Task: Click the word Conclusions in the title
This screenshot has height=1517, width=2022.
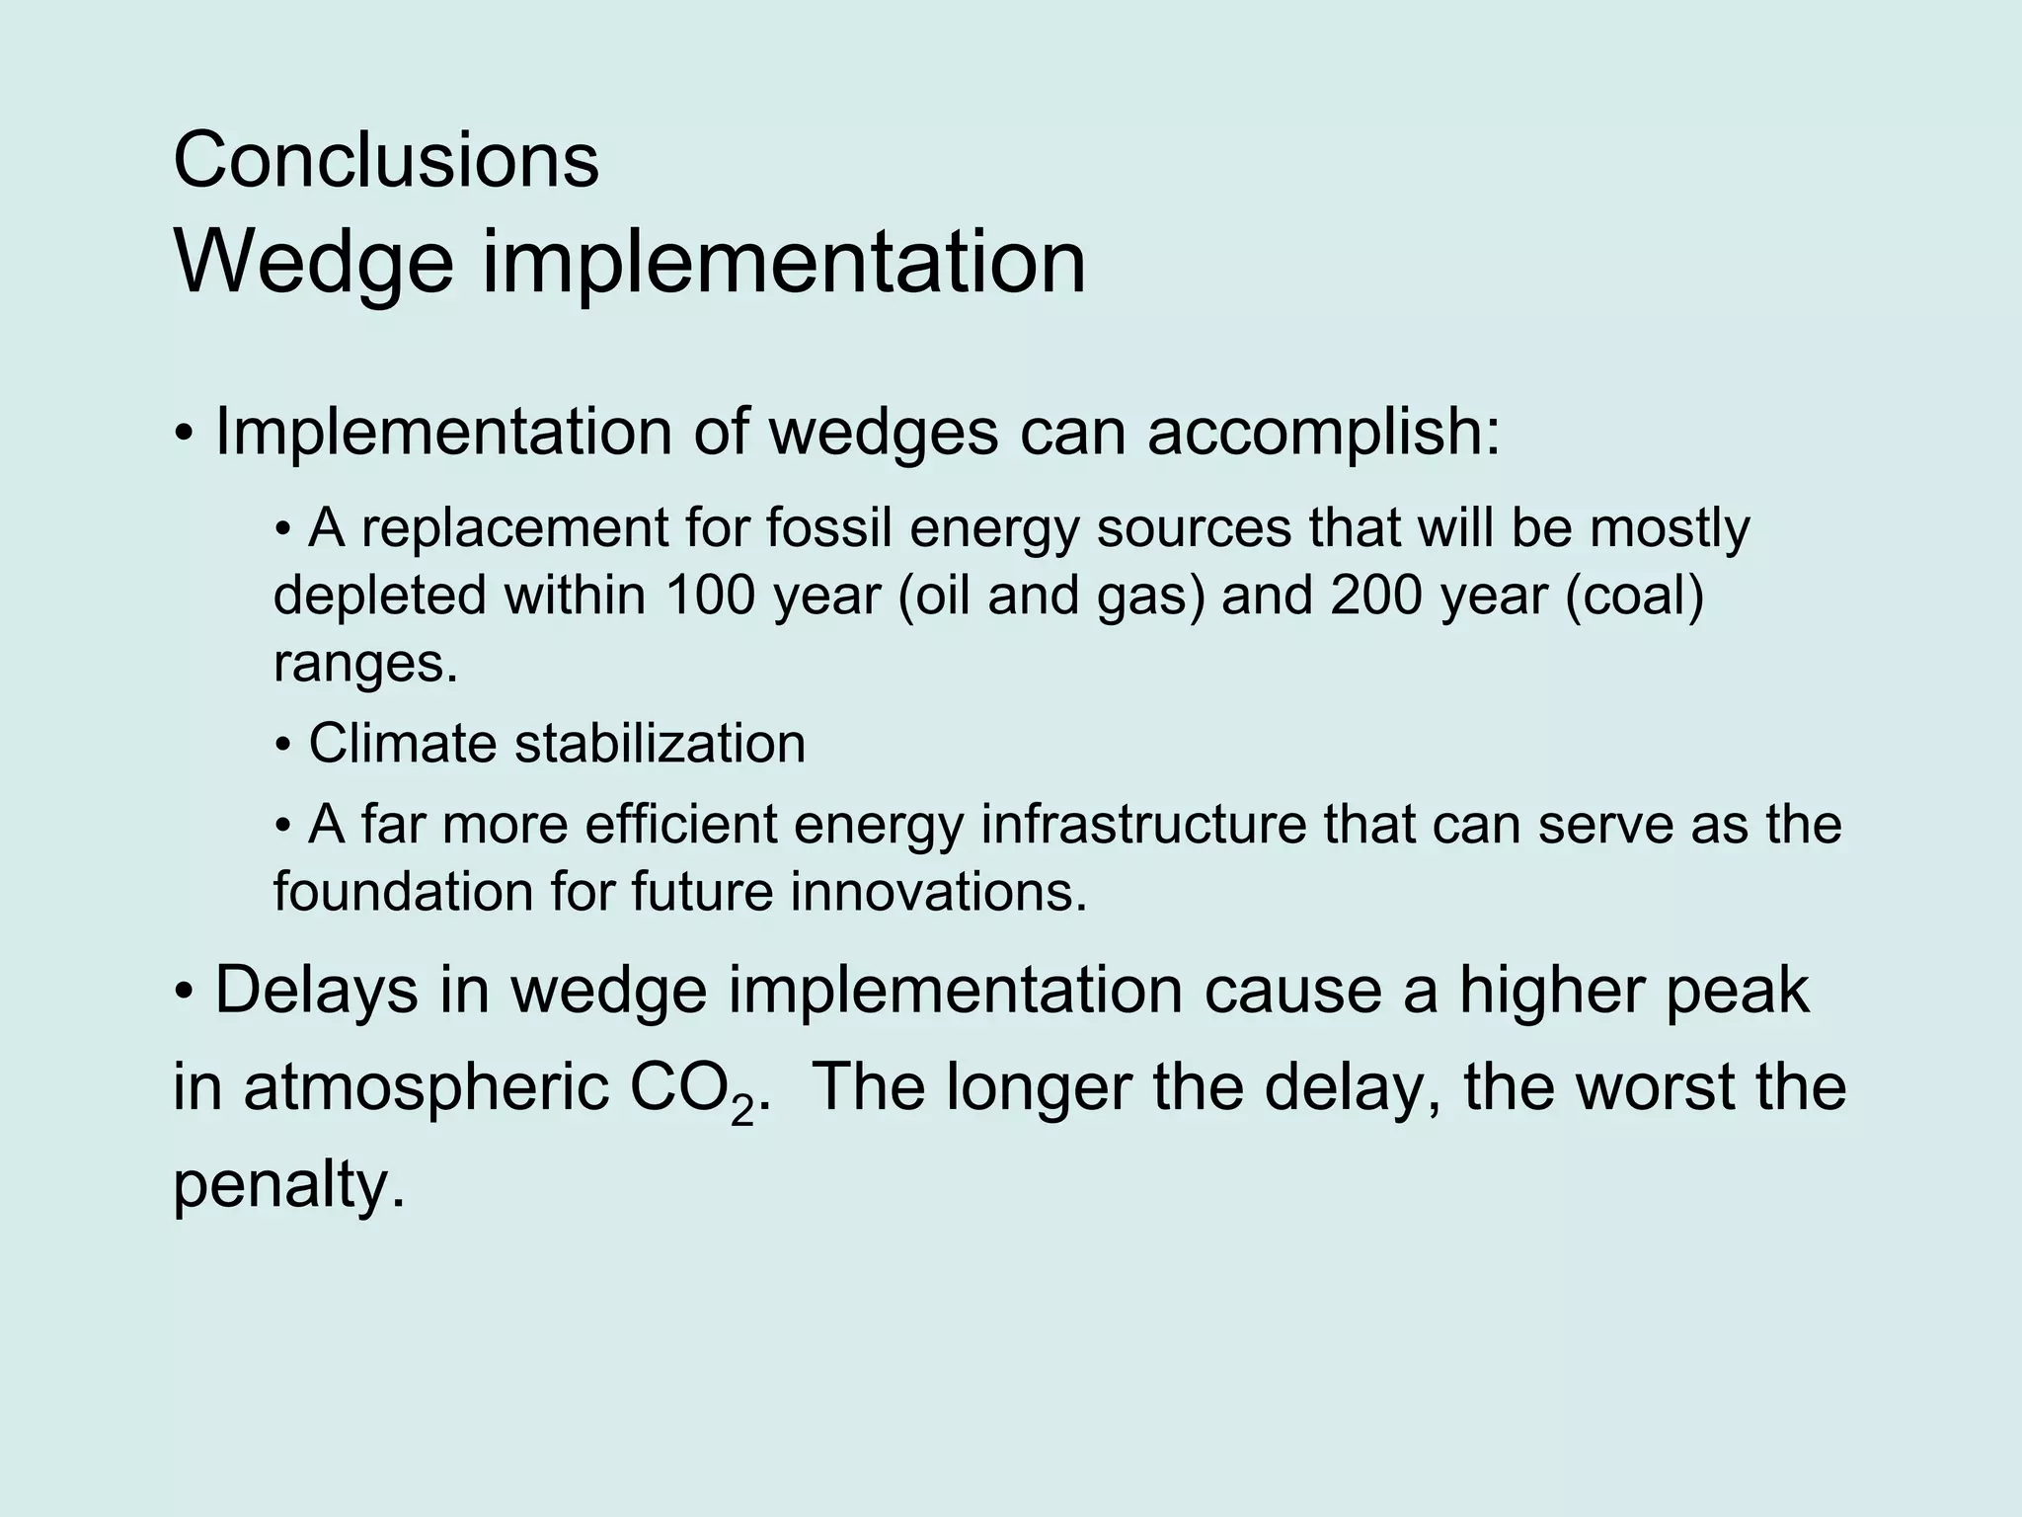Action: (385, 160)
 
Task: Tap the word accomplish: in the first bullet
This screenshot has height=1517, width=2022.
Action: (1323, 432)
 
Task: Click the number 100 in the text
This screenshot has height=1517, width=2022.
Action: (711, 596)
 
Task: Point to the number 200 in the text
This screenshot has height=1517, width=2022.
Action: (1375, 596)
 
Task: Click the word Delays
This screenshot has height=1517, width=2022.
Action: (316, 991)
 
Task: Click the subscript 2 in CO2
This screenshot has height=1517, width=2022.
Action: (742, 1113)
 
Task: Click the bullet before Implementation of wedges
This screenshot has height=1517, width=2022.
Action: (185, 435)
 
